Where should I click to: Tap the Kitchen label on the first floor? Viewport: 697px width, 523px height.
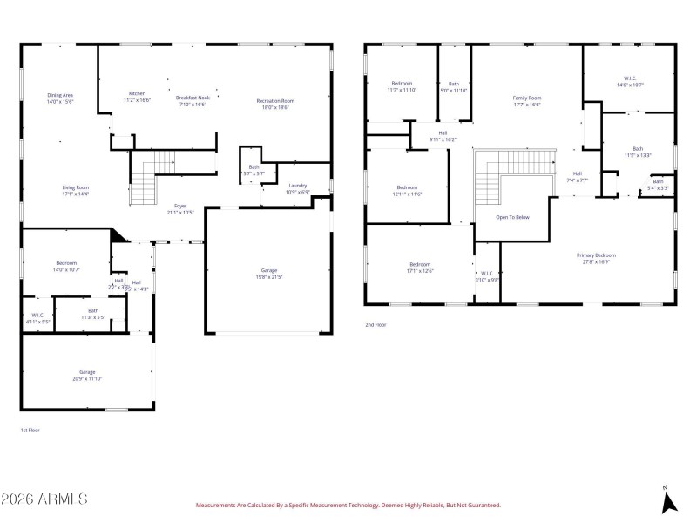click(137, 93)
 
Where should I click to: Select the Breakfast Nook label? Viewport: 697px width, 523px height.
click(193, 98)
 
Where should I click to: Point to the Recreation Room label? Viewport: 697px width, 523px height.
click(275, 101)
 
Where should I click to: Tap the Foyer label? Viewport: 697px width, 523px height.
click(180, 206)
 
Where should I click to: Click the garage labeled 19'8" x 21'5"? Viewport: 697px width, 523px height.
click(269, 271)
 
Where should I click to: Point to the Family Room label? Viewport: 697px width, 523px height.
click(526, 98)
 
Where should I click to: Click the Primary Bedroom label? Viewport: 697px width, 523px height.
click(597, 255)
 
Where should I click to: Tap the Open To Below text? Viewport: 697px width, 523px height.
click(512, 217)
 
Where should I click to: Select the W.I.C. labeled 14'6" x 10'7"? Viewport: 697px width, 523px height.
click(629, 80)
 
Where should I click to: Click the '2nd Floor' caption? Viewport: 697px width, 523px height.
click(376, 324)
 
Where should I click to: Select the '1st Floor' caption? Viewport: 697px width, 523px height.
click(30, 430)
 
